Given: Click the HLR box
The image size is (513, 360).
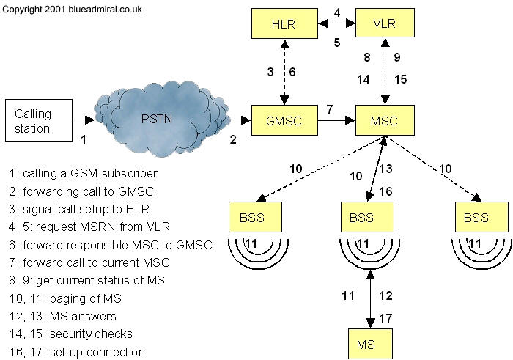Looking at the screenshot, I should click(x=284, y=23).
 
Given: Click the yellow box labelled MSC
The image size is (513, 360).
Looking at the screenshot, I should click(x=385, y=120).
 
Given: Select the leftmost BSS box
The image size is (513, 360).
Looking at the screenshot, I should click(x=254, y=218).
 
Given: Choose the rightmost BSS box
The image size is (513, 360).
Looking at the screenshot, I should click(x=477, y=218).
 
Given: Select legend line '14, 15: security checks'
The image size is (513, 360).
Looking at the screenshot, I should click(x=75, y=334).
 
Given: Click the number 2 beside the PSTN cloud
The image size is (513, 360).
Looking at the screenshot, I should click(x=232, y=139).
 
